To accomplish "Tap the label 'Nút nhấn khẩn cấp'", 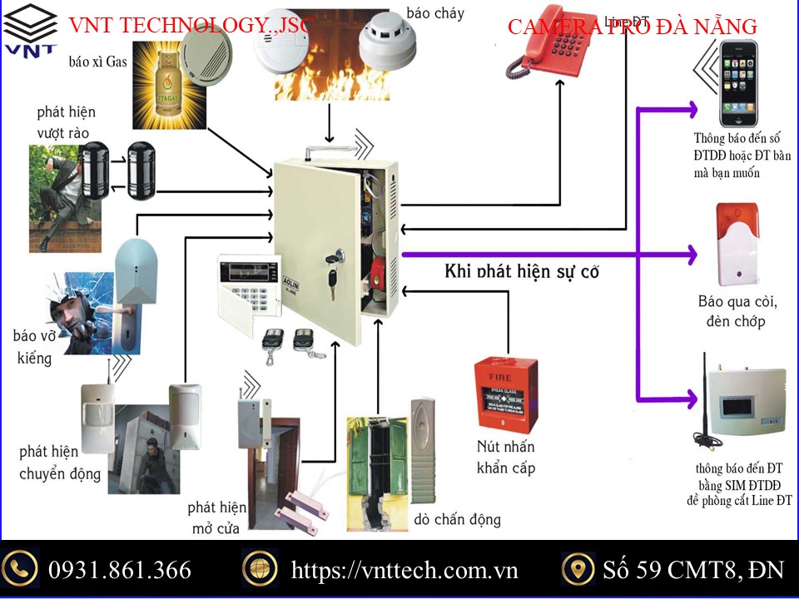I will [x=505, y=457].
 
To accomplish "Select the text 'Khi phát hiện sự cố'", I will [x=522, y=271].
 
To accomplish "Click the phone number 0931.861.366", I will [x=120, y=570].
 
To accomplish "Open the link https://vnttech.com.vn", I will [x=404, y=570].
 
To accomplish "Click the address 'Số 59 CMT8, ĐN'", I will [x=693, y=570].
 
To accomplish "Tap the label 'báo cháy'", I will [x=435, y=13].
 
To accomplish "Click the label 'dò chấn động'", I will [x=457, y=519].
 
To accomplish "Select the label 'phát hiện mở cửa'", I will [x=217, y=517].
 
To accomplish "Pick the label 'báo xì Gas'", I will [x=98, y=61].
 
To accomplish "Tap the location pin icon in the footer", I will [x=578, y=569].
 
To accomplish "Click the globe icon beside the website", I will [x=259, y=569].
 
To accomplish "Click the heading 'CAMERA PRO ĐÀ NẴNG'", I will [x=633, y=27].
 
